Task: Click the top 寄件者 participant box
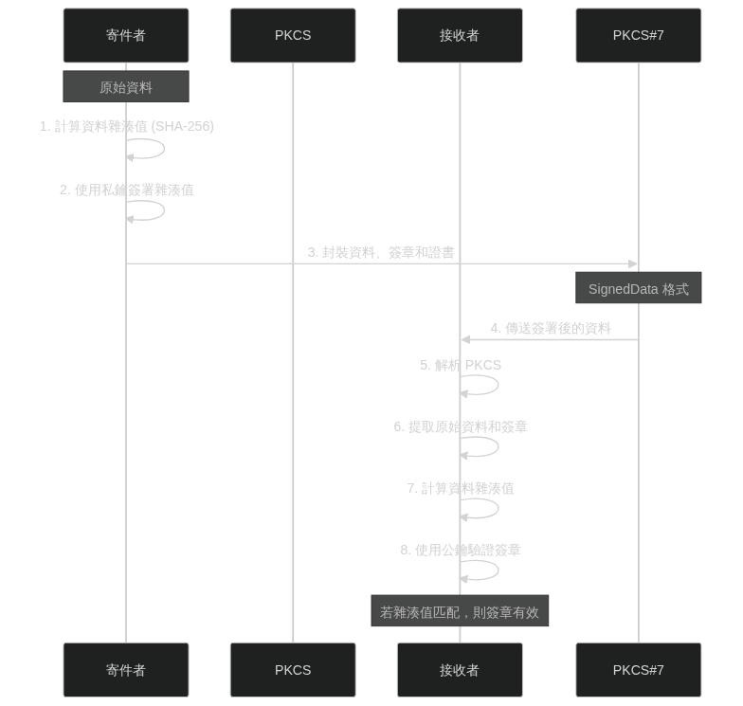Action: [126, 35]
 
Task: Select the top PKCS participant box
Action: [293, 35]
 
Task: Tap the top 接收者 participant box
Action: [460, 35]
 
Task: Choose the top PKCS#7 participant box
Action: [638, 35]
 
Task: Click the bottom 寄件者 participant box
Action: [126, 670]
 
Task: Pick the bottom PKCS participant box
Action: [293, 670]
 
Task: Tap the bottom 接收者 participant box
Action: [460, 670]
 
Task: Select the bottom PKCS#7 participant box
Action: [638, 670]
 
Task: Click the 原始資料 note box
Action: [126, 87]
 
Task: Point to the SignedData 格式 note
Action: [638, 289]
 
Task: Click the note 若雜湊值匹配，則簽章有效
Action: [460, 612]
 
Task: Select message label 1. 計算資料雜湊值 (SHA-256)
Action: [126, 126]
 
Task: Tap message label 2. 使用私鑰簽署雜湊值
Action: [126, 190]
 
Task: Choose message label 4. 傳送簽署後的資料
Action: [550, 328]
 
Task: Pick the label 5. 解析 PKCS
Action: [461, 365]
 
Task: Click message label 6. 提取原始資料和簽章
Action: [461, 426]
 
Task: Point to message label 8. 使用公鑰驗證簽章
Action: [461, 550]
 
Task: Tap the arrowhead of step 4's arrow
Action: [464, 339]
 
